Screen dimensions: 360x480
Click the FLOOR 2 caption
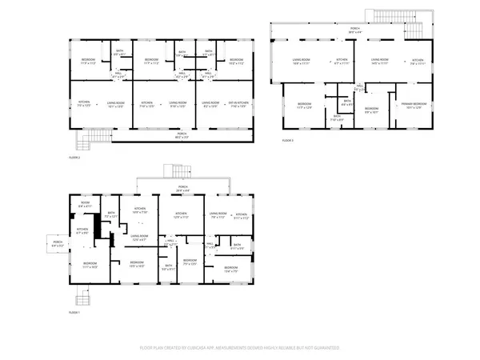[x=74, y=158]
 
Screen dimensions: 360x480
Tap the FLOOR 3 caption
[x=288, y=140]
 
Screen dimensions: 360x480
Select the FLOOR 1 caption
[x=74, y=313]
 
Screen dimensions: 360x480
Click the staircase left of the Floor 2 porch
[x=86, y=142]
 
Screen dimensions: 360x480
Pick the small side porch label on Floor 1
[x=58, y=245]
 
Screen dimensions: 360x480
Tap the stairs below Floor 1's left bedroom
[x=82, y=299]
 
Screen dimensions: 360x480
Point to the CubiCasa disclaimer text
[x=239, y=348]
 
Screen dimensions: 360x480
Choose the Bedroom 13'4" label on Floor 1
[x=230, y=269]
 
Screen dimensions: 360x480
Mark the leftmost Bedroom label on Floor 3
[x=305, y=106]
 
